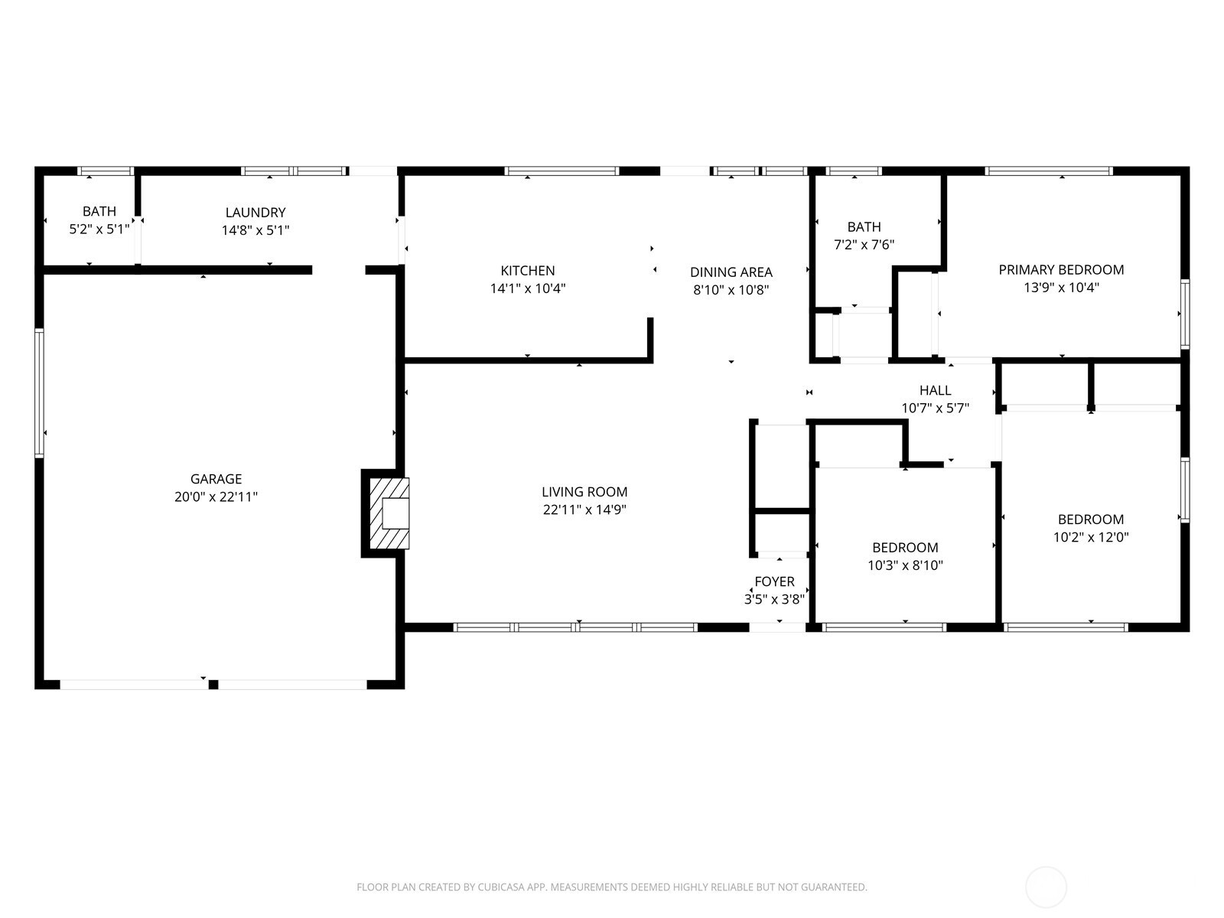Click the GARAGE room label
216,479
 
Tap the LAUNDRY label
256,213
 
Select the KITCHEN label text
528,271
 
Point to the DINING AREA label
731,272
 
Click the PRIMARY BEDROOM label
1061,270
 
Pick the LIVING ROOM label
584,492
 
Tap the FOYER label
774,581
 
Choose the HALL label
935,390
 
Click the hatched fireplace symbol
390,513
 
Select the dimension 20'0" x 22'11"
216,496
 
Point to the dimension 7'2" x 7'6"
864,245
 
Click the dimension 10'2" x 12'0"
1091,537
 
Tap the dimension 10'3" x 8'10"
905,565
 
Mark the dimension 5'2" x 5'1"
99,229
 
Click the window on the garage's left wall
39,393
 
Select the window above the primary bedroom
1048,171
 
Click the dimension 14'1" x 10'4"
528,288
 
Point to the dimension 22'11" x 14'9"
584,509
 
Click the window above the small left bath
106,171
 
